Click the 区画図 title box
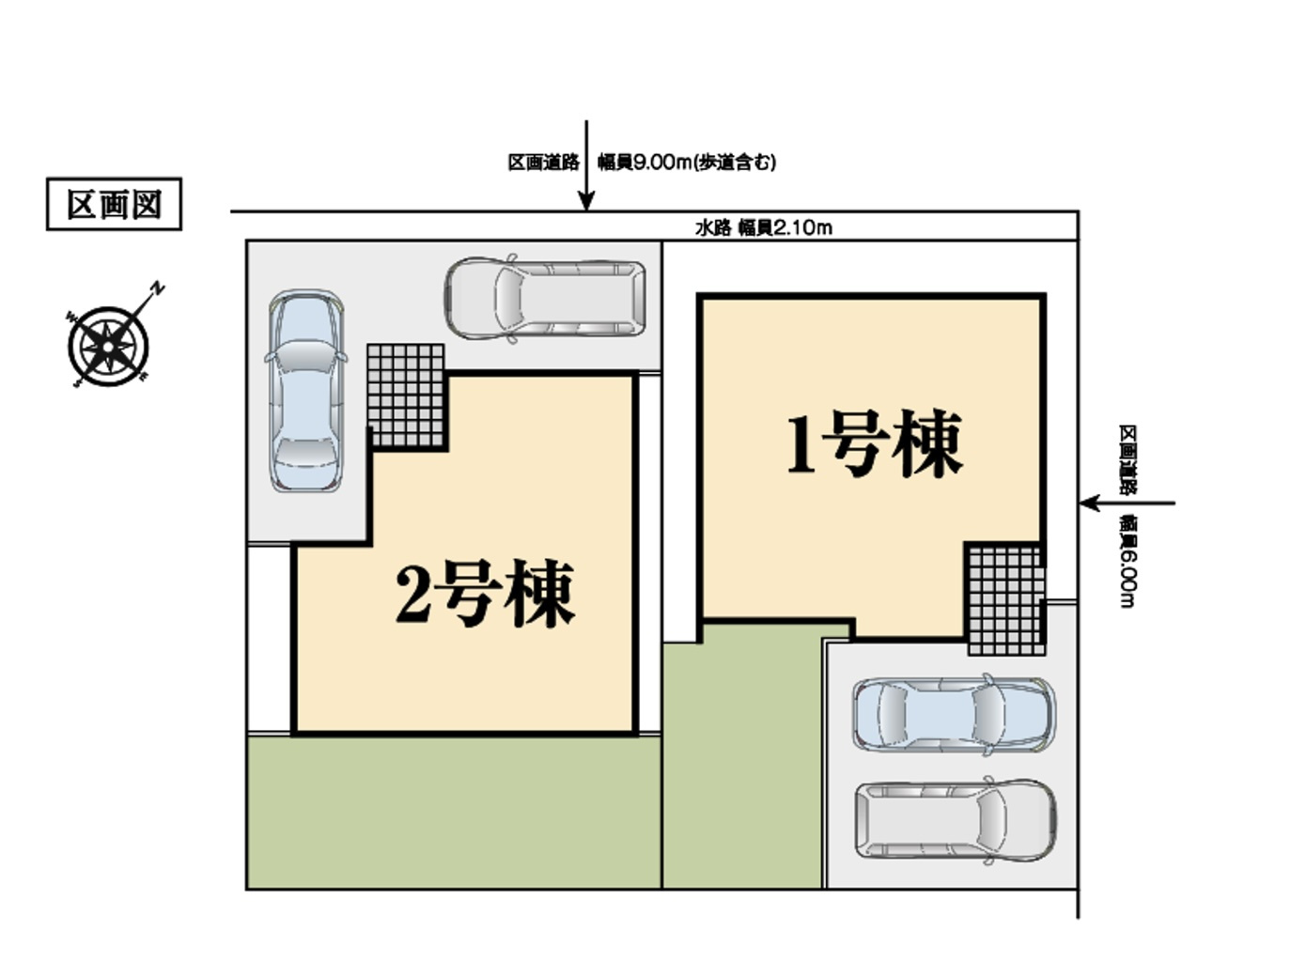pos(114,205)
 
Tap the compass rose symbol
pos(109,346)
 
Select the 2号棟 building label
pos(484,594)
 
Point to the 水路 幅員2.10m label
pos(763,227)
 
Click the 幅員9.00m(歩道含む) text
pos(687,163)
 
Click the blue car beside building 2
pos(303,390)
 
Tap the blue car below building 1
pos(953,714)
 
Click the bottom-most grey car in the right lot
pos(956,820)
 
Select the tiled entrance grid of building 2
pos(405,395)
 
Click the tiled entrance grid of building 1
pos(1005,598)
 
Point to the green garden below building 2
pos(453,812)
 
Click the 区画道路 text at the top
pos(543,163)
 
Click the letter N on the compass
pos(159,287)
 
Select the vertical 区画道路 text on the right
pos(1127,459)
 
